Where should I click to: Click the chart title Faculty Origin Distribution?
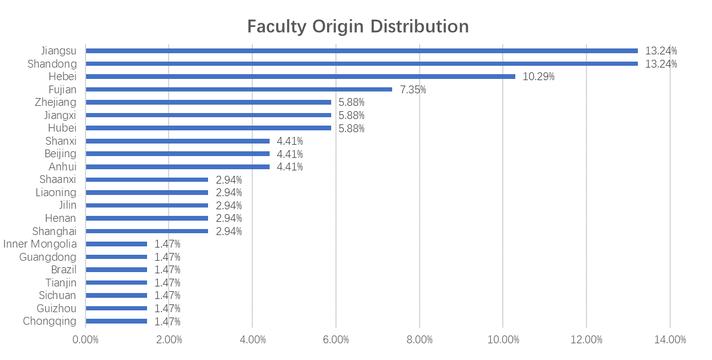357,27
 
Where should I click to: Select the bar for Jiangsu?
362,51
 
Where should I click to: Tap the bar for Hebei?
300,77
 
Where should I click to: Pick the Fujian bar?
239,90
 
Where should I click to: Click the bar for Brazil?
116,270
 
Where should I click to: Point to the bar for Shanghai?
146,231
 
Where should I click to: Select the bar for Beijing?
178,154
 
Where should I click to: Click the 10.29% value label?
539,77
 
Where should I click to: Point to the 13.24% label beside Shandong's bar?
661,64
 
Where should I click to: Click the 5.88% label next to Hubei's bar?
352,128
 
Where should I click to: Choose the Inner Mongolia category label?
40,244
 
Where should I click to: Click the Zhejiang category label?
56,102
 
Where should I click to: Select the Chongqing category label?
50,321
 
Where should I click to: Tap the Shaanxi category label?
58,179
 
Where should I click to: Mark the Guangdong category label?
48,257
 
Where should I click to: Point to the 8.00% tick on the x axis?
419,340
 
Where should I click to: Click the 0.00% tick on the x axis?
85,340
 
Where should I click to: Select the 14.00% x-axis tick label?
670,340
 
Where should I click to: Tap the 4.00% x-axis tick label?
252,340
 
